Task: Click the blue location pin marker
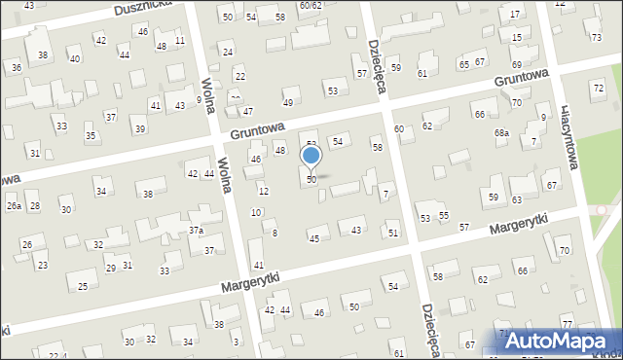coord(311,157)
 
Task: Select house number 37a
coord(196,231)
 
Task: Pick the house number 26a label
coord(14,206)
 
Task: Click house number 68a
coord(501,132)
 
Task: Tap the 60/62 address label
coord(311,6)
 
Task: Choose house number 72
coord(598,89)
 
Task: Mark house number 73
coord(596,37)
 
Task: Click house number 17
coord(514,15)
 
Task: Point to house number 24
coord(228,52)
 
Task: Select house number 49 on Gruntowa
coord(287,103)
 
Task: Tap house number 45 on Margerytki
coord(313,238)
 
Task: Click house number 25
coord(83,286)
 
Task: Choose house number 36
coord(16,67)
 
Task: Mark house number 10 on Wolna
coord(255,212)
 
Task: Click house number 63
coord(517,199)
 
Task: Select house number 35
coord(91,135)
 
